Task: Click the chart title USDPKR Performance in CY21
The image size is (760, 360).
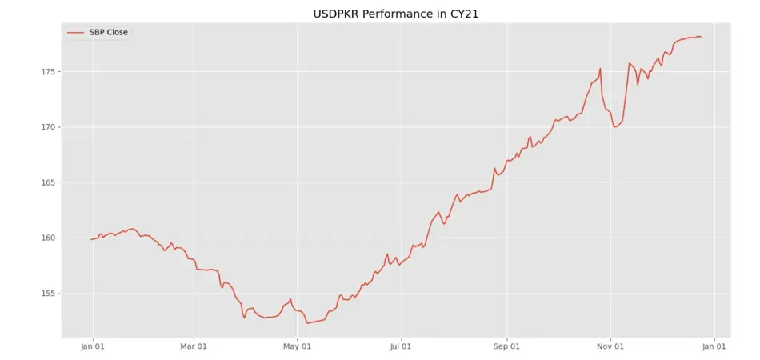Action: pos(380,14)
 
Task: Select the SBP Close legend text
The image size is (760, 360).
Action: pos(108,33)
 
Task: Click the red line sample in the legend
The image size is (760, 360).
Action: pos(76,33)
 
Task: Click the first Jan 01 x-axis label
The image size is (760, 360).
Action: pos(93,346)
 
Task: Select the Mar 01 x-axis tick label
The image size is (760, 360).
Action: pos(193,346)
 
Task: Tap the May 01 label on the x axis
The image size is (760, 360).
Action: pos(297,346)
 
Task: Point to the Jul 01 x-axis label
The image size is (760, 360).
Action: pos(401,346)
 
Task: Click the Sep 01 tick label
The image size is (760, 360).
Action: pos(506,346)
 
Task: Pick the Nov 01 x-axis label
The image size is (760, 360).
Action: pos(610,346)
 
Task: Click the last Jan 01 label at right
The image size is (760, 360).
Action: pos(714,346)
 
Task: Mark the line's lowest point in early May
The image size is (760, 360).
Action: pos(307,323)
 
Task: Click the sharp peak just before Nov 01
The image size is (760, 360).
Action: pos(600,69)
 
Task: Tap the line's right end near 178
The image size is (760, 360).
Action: pos(701,37)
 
